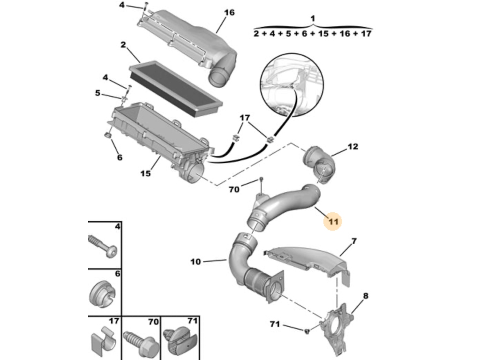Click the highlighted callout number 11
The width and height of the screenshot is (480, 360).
pyautogui.click(x=333, y=221)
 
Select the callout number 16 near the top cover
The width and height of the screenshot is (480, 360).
pyautogui.click(x=229, y=13)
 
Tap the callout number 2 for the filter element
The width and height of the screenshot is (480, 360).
pyautogui.click(x=123, y=45)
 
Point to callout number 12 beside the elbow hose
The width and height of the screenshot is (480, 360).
pyautogui.click(x=352, y=147)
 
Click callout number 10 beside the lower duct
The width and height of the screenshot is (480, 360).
pyautogui.click(x=195, y=262)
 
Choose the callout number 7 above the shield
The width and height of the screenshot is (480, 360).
pyautogui.click(x=354, y=241)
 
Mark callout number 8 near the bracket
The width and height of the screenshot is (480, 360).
pyautogui.click(x=366, y=296)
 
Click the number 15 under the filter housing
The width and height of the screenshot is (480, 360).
pyautogui.click(x=146, y=173)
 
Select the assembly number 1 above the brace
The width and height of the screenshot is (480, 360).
pyautogui.click(x=313, y=18)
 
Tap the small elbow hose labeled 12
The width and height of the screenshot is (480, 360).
pyautogui.click(x=319, y=165)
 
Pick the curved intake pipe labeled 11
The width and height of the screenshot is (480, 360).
pyautogui.click(x=282, y=207)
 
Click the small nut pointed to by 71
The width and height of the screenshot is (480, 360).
pyautogui.click(x=307, y=330)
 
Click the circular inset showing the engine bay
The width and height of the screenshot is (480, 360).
pyautogui.click(x=292, y=84)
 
